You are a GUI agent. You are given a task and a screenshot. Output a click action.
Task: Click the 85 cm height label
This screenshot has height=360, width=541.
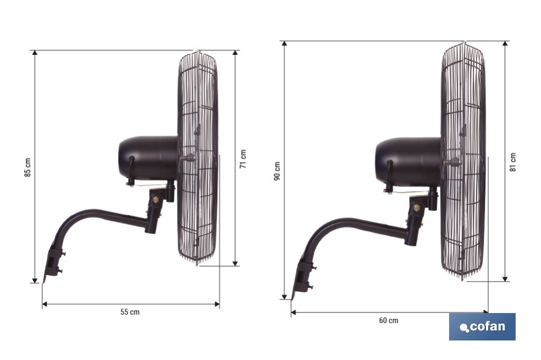[27, 167]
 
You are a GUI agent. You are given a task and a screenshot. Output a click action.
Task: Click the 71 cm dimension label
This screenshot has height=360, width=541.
[243, 158]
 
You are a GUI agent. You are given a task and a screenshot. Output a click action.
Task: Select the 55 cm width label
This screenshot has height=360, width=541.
[130, 312]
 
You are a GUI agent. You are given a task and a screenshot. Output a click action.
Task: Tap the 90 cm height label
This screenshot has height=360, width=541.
[277, 170]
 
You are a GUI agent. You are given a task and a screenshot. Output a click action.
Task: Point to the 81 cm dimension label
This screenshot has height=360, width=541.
[513, 162]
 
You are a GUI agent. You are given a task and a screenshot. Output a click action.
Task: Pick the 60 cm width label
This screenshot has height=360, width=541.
[389, 320]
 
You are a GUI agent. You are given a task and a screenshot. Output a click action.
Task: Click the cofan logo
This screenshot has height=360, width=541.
[482, 327]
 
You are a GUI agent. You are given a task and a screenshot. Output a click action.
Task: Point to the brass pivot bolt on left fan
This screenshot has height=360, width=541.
[155, 200]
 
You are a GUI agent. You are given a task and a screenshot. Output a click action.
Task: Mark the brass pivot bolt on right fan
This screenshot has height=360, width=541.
[416, 207]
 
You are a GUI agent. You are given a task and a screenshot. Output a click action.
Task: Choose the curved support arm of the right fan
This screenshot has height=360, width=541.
[354, 225]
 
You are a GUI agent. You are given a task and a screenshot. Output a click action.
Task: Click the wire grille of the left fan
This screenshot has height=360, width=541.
[199, 158]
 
